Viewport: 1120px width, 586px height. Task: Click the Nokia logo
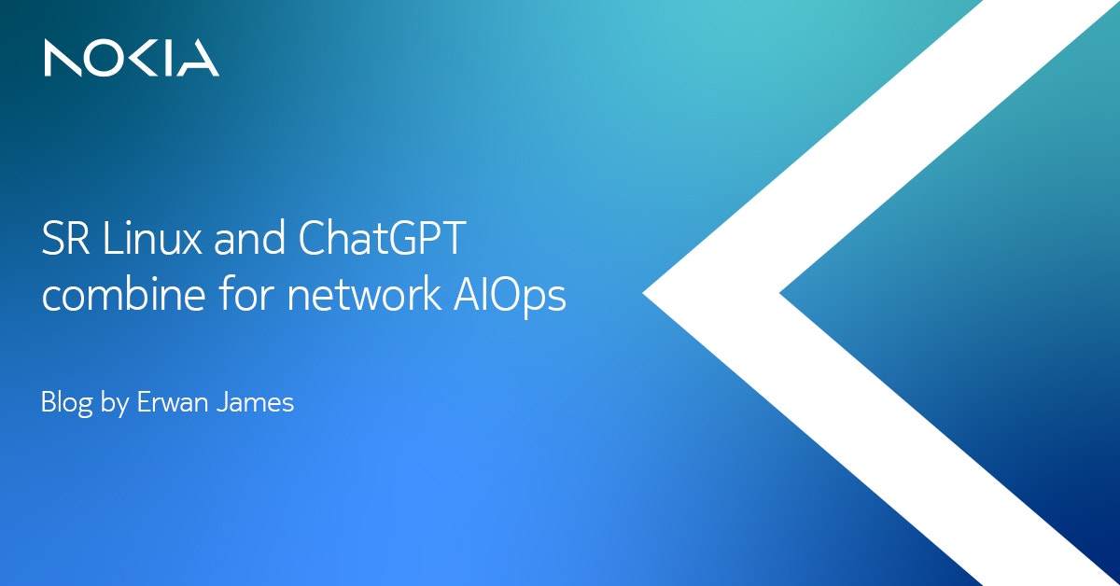[x=132, y=58]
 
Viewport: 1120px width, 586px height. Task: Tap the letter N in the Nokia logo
[x=63, y=58]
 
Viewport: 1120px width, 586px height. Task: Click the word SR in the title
[x=65, y=238]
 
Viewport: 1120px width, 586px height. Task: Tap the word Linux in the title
[x=152, y=238]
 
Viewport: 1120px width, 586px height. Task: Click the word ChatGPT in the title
[x=382, y=238]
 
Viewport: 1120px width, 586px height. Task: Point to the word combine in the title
[x=123, y=294]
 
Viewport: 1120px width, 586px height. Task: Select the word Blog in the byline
[x=66, y=403]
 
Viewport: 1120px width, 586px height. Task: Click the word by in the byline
[x=115, y=403]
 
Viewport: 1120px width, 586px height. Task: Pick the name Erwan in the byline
[x=172, y=402]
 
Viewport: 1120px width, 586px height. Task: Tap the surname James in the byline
[x=255, y=402]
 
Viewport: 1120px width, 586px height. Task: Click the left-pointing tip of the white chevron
[x=642, y=294]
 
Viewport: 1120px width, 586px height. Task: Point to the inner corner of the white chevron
[x=779, y=294]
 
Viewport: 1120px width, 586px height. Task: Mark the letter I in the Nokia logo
[x=170, y=58]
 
